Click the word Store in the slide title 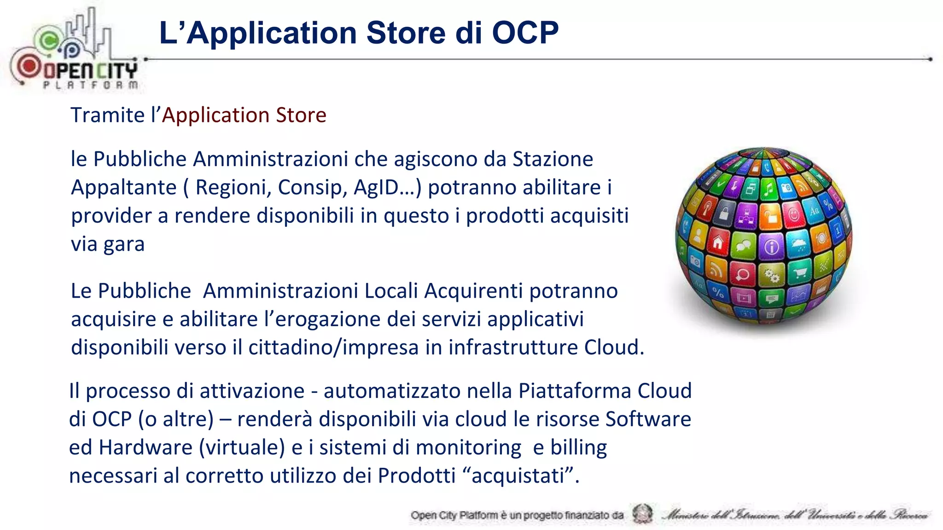(x=407, y=33)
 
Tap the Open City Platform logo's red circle (x=29, y=67)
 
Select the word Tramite (x=108, y=115)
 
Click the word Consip (x=312, y=188)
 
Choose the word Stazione (x=553, y=159)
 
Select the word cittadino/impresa (x=333, y=348)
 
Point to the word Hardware (x=146, y=448)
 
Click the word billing (x=579, y=448)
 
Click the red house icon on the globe (x=717, y=242)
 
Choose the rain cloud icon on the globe (x=798, y=244)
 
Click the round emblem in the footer (x=642, y=514)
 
